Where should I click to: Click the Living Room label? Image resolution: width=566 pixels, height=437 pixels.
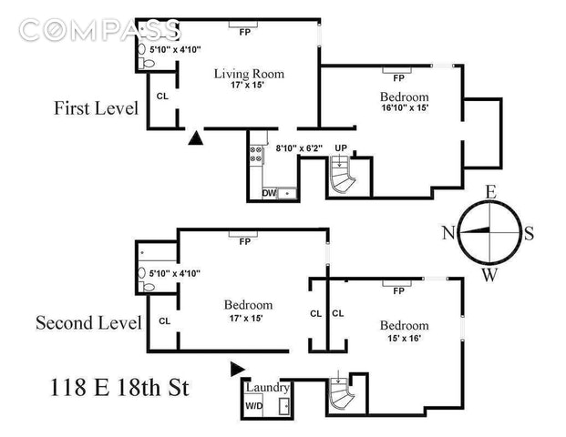tap(249, 74)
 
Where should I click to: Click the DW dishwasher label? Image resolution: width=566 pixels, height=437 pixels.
tap(270, 193)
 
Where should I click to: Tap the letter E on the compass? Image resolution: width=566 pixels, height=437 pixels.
tap(489, 191)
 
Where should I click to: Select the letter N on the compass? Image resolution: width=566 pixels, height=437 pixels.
tap(448, 232)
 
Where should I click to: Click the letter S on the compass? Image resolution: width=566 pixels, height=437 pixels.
tap(529, 233)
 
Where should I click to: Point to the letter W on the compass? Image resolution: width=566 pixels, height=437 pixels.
tap(489, 275)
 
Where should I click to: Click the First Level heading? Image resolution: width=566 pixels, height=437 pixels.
tap(96, 108)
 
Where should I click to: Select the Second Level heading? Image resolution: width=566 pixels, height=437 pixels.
tap(88, 322)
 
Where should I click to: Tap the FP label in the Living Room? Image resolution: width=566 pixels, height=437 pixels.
tap(244, 32)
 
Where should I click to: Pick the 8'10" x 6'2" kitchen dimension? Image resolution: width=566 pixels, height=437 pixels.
tap(298, 146)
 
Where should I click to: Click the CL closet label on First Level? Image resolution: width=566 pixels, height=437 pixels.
tap(162, 95)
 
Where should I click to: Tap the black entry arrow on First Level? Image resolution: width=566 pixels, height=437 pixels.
tap(196, 138)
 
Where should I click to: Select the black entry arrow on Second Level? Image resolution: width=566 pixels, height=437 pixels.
tap(238, 368)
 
